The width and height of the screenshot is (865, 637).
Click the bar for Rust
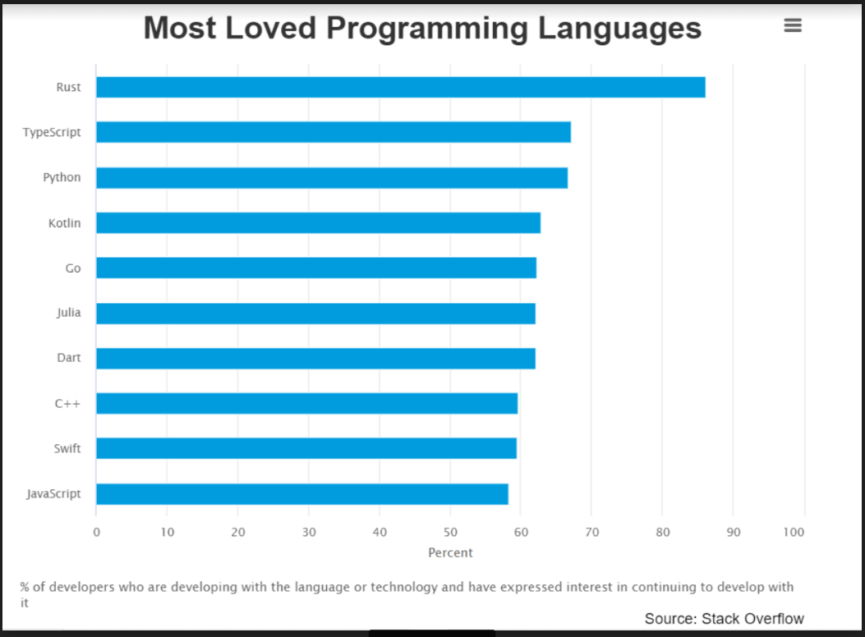[x=400, y=87]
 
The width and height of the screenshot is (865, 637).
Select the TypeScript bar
[x=333, y=132]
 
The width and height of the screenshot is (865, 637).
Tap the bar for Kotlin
[x=318, y=222]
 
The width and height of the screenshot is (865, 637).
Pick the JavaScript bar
[x=301, y=494]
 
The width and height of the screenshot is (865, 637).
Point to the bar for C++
[x=306, y=403]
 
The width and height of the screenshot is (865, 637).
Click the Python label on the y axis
[x=62, y=177]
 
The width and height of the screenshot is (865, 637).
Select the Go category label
[x=73, y=268]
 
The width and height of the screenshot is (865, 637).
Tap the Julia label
[x=68, y=313]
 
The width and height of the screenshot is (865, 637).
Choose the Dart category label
[x=69, y=359]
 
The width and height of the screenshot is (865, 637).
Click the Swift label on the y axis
[x=67, y=449]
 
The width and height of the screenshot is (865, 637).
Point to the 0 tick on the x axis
[x=96, y=532]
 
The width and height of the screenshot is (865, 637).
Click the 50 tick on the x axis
[x=450, y=532]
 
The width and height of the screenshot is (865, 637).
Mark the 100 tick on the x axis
[x=794, y=532]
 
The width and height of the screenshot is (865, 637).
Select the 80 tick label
[x=662, y=532]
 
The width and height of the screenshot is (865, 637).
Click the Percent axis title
[x=450, y=552]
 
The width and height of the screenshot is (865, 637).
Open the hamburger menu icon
[x=793, y=25]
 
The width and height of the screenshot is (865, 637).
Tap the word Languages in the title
[x=620, y=28]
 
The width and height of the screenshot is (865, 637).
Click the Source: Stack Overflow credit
[x=724, y=618]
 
